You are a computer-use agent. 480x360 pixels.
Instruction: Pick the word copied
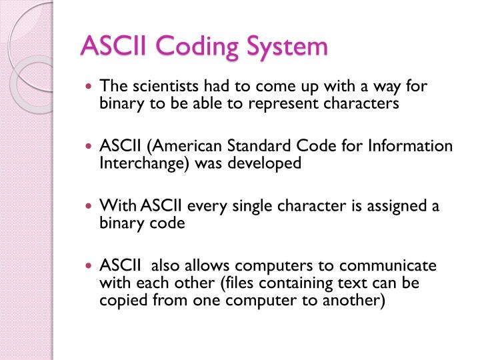tap(119, 301)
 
